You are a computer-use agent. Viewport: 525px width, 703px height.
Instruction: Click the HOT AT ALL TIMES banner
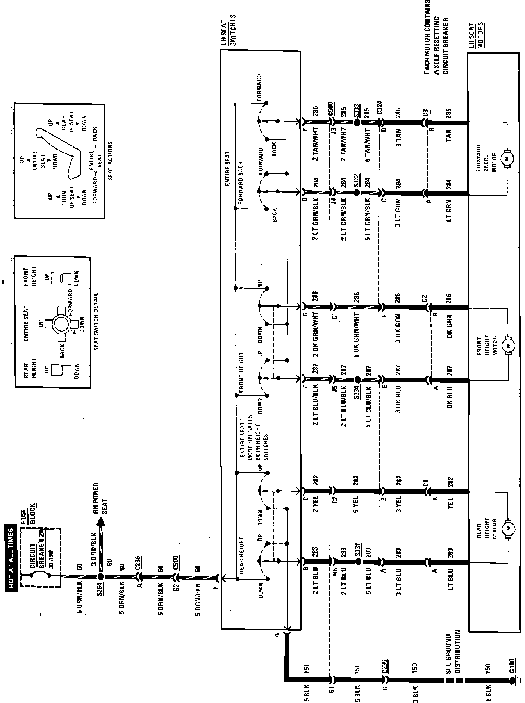(x=11, y=557)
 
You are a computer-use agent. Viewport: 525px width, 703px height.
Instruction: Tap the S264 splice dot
(x=100, y=576)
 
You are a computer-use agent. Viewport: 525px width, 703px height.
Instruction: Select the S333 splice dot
(x=357, y=121)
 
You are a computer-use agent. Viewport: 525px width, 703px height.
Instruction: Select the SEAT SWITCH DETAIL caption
(x=96, y=321)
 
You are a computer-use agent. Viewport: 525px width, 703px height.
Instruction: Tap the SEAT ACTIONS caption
(x=110, y=160)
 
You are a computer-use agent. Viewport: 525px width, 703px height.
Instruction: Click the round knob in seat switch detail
(x=61, y=324)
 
